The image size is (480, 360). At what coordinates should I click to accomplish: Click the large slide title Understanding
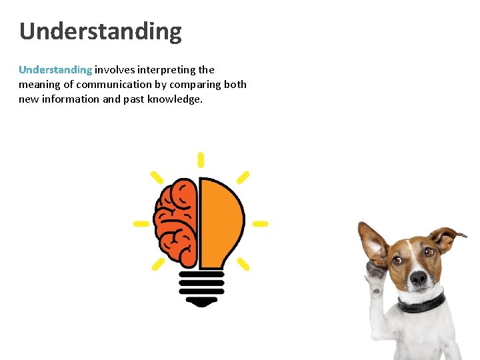[100, 31]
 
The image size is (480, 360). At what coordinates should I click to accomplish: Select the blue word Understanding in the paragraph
[55, 69]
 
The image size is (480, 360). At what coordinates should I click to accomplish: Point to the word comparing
[193, 84]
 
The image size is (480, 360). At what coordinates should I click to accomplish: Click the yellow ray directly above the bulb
[201, 160]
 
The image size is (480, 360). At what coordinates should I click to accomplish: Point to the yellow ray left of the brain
[141, 223]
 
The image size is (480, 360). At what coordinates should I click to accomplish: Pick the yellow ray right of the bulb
[260, 223]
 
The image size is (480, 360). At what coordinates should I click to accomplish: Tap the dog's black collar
[422, 303]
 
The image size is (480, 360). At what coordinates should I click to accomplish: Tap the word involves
[114, 69]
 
